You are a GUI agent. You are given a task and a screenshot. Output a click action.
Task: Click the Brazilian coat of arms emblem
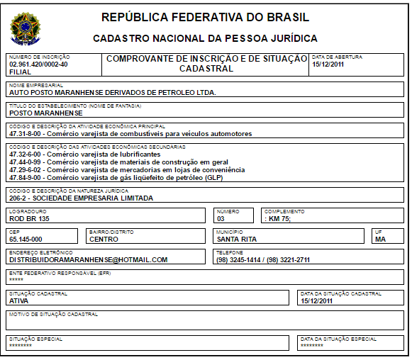pyautogui.click(x=26, y=28)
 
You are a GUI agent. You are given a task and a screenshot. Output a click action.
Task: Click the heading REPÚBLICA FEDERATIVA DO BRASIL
pyautogui.click(x=206, y=17)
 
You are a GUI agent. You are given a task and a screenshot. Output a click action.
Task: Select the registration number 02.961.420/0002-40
pyautogui.click(x=38, y=64)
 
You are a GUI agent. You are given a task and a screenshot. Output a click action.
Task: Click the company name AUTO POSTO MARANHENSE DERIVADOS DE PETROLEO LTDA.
pyautogui.click(x=112, y=92)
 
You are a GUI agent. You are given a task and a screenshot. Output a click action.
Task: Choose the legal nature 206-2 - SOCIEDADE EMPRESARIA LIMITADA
pyautogui.click(x=82, y=198)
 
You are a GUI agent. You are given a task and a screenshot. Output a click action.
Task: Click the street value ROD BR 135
pyautogui.click(x=29, y=218)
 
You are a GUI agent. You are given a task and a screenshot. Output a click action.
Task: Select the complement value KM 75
pyautogui.click(x=278, y=218)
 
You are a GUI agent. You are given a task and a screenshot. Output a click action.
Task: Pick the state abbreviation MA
pyautogui.click(x=380, y=239)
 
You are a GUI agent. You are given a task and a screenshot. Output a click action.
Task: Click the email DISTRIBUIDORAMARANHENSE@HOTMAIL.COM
pyautogui.click(x=88, y=259)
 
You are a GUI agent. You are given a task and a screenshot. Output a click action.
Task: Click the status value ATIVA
pyautogui.click(x=19, y=300)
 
